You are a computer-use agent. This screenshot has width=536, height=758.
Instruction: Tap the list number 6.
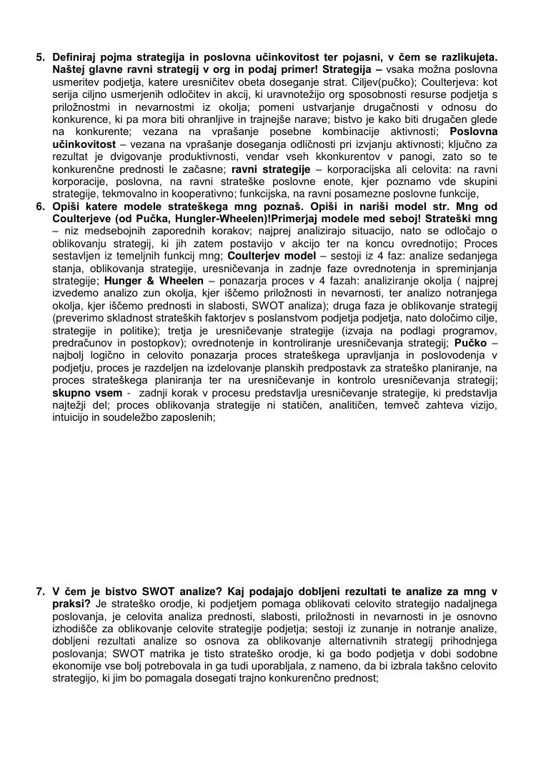click(x=40, y=207)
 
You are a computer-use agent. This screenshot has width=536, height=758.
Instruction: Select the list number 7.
click(x=40, y=592)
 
